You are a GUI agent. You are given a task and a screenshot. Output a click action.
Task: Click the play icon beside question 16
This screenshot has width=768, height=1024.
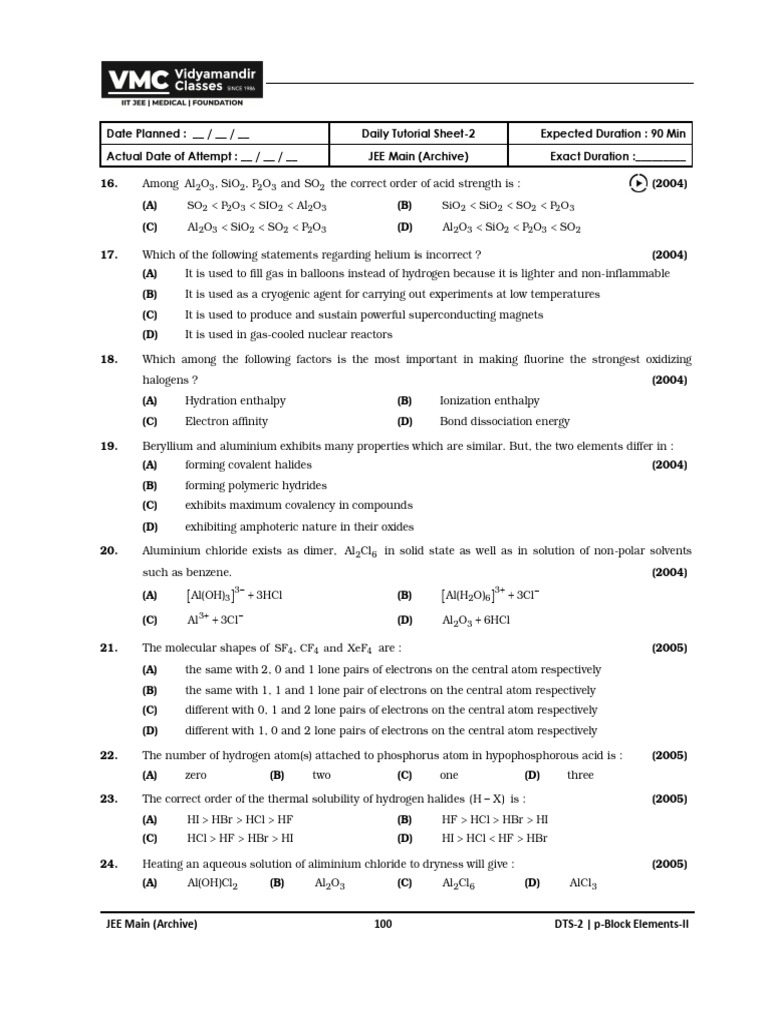(x=638, y=183)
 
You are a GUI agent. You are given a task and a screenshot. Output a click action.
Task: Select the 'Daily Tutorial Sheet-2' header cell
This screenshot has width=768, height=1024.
(x=418, y=134)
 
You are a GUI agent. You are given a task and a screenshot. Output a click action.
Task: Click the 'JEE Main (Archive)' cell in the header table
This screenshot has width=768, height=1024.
(x=418, y=156)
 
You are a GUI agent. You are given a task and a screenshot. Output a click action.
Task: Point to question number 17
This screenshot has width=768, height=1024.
(x=110, y=255)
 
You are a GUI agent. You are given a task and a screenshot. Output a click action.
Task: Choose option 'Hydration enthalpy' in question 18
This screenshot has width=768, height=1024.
(x=235, y=400)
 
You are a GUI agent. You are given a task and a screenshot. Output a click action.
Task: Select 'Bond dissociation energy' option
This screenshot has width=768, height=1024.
(x=504, y=421)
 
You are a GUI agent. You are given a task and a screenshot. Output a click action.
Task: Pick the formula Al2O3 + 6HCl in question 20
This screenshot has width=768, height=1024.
(x=476, y=620)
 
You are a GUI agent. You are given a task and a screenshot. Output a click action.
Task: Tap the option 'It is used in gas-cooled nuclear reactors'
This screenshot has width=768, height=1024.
(x=288, y=335)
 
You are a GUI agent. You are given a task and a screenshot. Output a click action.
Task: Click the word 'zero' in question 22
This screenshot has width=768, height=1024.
(x=196, y=775)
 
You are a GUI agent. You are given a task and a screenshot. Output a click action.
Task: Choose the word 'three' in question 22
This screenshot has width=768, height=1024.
(x=580, y=775)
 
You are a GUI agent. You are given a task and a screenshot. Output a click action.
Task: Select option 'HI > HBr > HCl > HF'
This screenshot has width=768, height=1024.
(x=240, y=818)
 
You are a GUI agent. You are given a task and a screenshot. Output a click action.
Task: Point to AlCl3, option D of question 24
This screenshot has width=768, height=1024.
(x=583, y=884)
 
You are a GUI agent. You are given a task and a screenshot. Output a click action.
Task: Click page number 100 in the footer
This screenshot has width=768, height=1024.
(x=383, y=924)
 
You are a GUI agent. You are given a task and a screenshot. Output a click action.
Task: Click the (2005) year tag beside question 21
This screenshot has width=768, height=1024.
(x=669, y=648)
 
